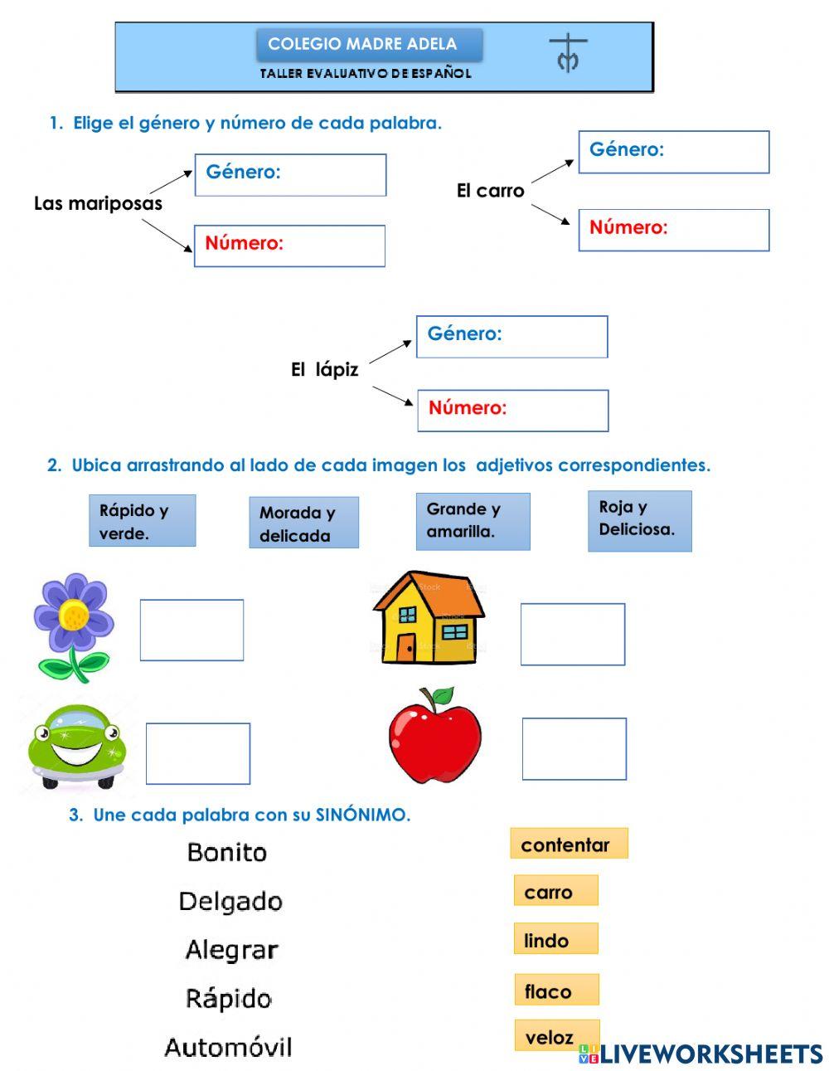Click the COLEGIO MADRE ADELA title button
368,45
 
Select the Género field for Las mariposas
290,175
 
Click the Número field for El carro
673,230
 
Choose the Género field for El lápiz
511,337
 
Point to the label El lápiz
324,370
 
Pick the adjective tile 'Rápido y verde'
142,521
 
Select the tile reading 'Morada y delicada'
303,523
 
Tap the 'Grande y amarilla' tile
473,521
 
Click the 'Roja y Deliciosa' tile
639,521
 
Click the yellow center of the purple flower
74,615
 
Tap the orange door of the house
405,647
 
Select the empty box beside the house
572,635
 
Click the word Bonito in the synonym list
226,852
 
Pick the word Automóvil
228,1047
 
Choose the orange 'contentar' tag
569,845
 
